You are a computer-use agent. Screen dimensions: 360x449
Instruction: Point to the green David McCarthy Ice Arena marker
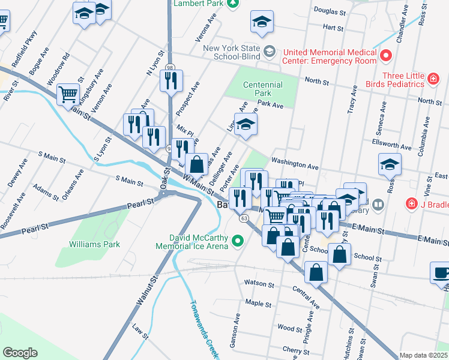238,241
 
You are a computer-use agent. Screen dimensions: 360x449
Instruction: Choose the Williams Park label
94,244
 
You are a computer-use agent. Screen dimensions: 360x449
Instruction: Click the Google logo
20,353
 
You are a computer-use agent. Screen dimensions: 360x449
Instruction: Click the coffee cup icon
441,272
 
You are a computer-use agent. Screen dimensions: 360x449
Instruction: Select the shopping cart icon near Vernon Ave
68,94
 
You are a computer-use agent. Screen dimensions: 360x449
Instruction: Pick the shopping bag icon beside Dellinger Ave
196,163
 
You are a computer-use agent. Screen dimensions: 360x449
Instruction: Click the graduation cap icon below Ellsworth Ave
390,164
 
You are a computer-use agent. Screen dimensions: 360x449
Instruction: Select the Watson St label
259,283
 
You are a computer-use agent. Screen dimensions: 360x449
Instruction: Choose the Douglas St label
330,11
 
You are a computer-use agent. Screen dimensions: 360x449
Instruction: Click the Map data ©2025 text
424,355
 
